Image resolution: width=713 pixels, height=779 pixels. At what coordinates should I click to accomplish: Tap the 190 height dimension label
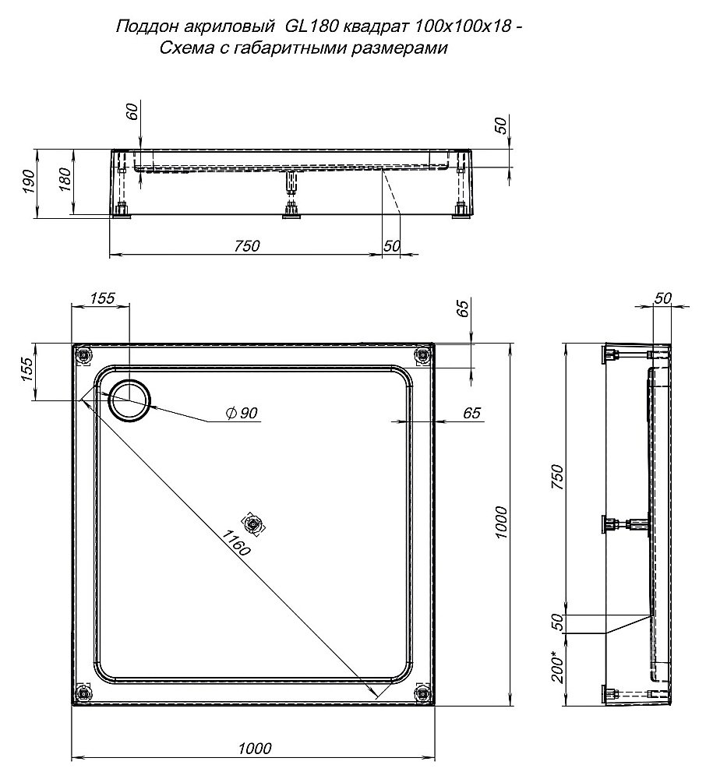tap(29, 182)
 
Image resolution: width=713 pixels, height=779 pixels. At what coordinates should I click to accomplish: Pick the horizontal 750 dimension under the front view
tap(245, 245)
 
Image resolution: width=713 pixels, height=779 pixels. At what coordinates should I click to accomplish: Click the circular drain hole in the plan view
tap(130, 400)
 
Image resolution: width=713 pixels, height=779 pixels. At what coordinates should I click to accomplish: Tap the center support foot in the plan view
tap(254, 524)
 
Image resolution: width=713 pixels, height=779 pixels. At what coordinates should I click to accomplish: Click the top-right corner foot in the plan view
tap(422, 355)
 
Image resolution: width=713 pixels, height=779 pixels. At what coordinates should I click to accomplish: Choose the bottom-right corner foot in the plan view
tap(422, 693)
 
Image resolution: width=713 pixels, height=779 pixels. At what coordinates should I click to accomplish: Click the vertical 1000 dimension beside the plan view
tap(500, 523)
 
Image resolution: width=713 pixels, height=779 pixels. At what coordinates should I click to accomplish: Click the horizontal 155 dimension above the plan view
tap(102, 298)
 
